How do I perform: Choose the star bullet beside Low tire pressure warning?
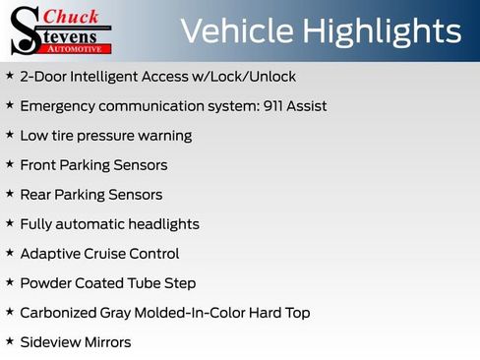click(10, 135)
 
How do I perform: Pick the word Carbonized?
click(58, 313)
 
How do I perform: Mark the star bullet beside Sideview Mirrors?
click(10, 341)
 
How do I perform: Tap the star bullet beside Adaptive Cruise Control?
click(10, 253)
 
